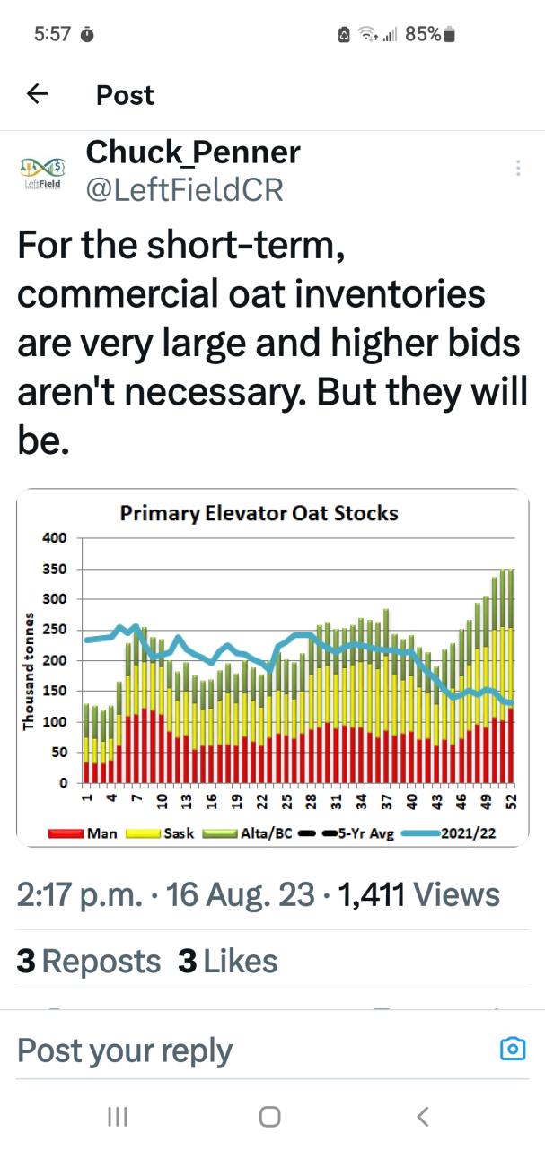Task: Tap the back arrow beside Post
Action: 37,94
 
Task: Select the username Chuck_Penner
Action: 192,152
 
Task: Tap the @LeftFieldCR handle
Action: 184,189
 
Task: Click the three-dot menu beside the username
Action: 517,168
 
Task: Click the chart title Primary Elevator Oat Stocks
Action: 259,514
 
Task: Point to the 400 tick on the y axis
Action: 56,538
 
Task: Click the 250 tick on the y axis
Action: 56,630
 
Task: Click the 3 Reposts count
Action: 89,961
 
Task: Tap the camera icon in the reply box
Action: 512,1049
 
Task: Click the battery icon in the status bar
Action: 451,34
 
